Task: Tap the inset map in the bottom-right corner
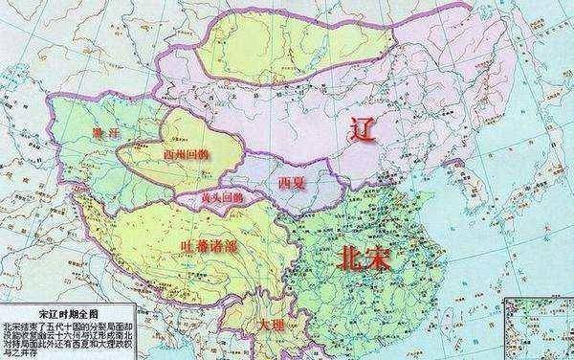click(x=538, y=331)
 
